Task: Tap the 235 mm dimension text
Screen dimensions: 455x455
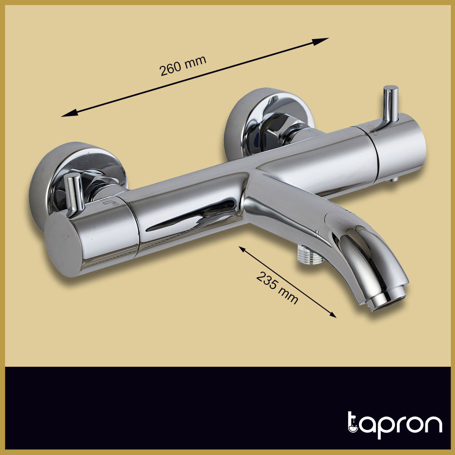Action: (277, 288)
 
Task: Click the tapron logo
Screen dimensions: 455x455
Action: (394, 425)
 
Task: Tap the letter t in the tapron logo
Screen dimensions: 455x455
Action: (354, 424)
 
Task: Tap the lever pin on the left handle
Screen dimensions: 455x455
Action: (74, 193)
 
